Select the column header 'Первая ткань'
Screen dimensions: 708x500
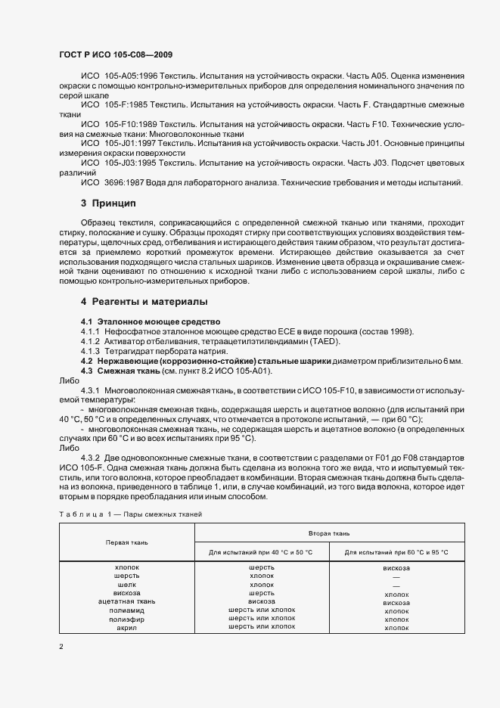(126, 542)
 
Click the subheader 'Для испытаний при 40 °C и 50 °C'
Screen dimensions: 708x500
(261, 552)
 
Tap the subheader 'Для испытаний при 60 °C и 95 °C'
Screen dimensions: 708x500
(396, 552)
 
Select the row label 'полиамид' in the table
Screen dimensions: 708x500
(126, 610)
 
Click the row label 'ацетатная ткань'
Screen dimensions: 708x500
(126, 601)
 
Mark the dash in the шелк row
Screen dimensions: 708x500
(396, 585)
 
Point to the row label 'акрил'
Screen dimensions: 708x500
(126, 627)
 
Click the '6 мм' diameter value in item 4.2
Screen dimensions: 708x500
(453, 361)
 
